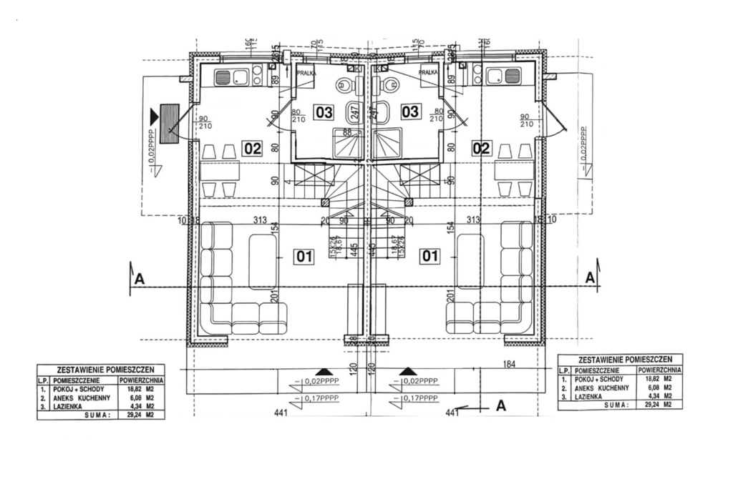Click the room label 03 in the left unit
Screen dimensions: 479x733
pos(324,112)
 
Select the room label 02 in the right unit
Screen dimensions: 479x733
pos(481,148)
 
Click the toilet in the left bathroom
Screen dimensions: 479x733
pos(345,86)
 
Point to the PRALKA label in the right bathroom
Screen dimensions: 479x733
pos(429,72)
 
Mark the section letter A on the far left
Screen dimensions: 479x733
pos(140,280)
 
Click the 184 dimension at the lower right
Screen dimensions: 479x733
pos(509,365)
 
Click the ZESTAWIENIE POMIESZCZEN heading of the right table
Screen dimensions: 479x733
pos(620,359)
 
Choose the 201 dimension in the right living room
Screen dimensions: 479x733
pos(451,297)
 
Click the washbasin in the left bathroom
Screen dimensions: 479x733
pos(356,112)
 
